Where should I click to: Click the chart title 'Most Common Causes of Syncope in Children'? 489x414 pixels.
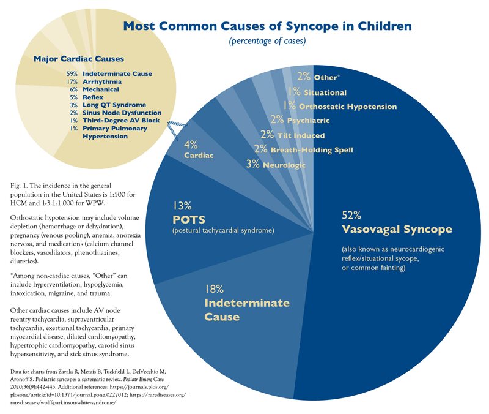tap(267, 26)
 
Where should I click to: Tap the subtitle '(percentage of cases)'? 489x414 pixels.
tap(267, 42)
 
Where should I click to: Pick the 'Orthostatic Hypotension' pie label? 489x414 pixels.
tap(346, 107)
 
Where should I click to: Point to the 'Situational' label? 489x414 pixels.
tap(325, 92)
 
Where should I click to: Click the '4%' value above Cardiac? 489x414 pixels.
tap(191, 145)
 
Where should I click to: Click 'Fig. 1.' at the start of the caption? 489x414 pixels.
tap(21, 185)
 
